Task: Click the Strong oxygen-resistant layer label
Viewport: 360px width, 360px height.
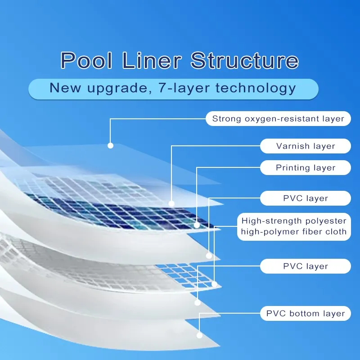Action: point(278,119)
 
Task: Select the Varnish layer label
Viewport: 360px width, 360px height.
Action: point(306,146)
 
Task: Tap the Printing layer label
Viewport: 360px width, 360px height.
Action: point(306,168)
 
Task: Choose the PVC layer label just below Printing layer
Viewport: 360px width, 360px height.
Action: point(306,198)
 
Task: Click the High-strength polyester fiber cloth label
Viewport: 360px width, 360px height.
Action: point(294,226)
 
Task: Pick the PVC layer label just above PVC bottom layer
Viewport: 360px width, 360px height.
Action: point(306,266)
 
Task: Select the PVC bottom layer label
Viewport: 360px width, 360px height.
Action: point(306,314)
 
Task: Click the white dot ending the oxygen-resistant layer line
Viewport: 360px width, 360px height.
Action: point(110,145)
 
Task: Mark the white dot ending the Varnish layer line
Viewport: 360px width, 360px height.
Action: point(171,203)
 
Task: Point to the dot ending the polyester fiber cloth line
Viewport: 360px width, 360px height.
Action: point(215,284)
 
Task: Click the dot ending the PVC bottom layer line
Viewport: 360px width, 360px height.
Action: point(198,335)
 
